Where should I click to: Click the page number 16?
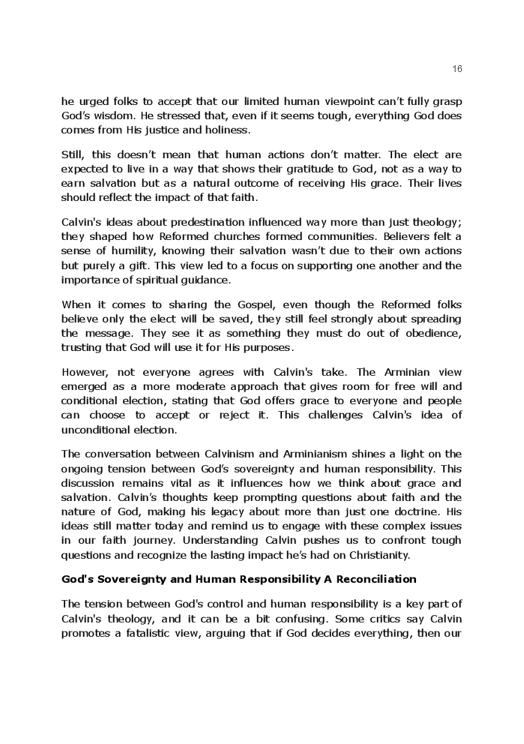[457, 69]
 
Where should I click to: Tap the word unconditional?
[94, 430]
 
